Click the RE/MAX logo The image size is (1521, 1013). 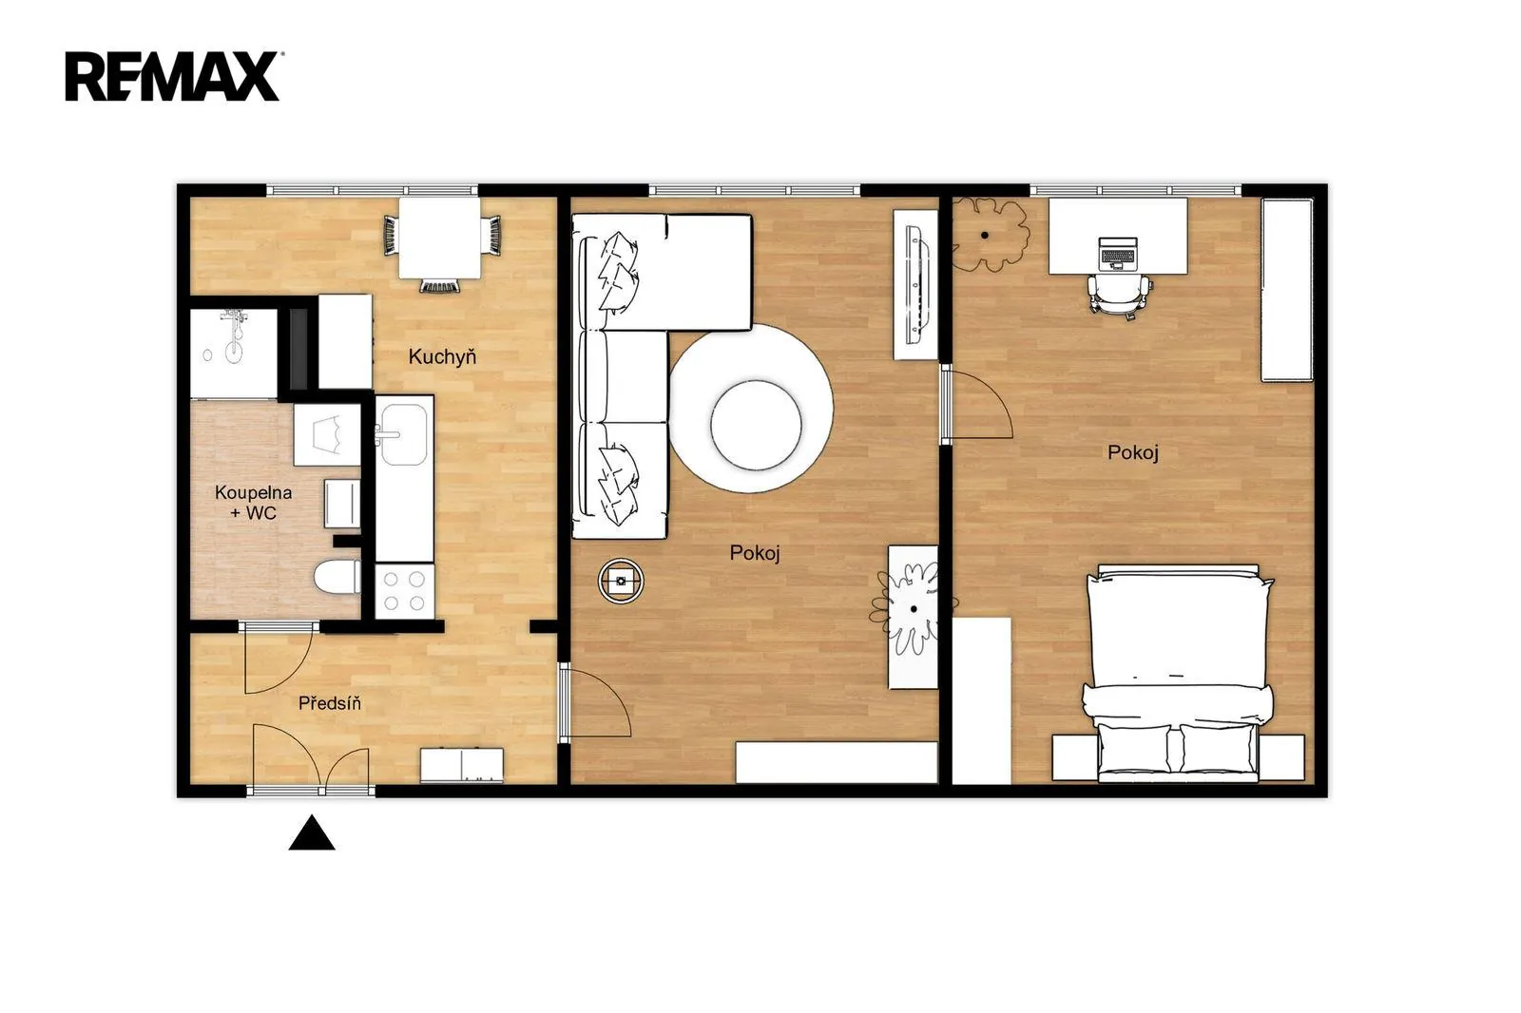pyautogui.click(x=173, y=77)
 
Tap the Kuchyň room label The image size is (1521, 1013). pyautogui.click(x=442, y=356)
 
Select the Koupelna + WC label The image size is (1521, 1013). pyautogui.click(x=253, y=503)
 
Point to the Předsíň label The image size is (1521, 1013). pyautogui.click(x=329, y=702)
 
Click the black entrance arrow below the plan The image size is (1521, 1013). pyautogui.click(x=312, y=833)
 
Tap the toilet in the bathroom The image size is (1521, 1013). pyautogui.click(x=337, y=577)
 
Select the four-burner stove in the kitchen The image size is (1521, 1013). pyautogui.click(x=404, y=591)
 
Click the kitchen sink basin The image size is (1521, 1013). pyautogui.click(x=403, y=434)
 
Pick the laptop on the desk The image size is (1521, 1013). pyautogui.click(x=1118, y=253)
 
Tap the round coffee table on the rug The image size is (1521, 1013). pyautogui.click(x=756, y=425)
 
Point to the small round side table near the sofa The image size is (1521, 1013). pyautogui.click(x=621, y=581)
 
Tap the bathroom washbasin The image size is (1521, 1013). pyautogui.click(x=327, y=434)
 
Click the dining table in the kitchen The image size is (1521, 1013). pyautogui.click(x=439, y=238)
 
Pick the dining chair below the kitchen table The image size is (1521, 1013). pyautogui.click(x=439, y=286)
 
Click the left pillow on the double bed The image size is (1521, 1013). pyautogui.click(x=1133, y=749)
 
